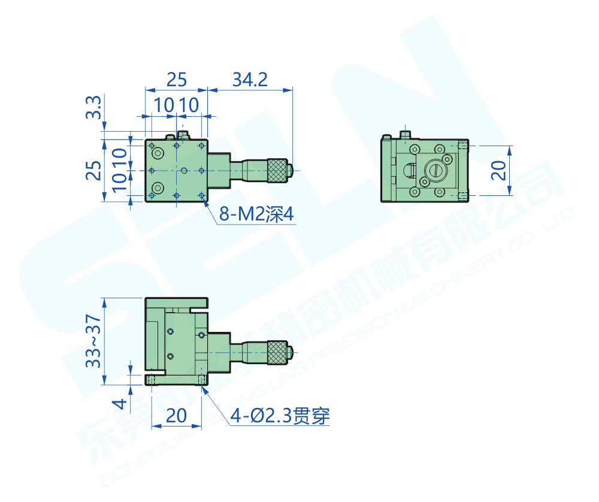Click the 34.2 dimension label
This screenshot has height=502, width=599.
pyautogui.click(x=250, y=79)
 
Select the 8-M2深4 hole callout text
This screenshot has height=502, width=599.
pyautogui.click(x=257, y=214)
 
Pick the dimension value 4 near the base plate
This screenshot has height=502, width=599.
pyautogui.click(x=120, y=405)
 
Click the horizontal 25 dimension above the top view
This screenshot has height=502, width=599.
pyautogui.click(x=177, y=79)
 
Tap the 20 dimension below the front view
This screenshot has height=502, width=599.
pyautogui.click(x=176, y=416)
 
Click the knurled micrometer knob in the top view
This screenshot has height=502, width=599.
pyautogui.click(x=277, y=170)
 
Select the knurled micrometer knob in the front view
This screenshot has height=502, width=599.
pyautogui.click(x=277, y=352)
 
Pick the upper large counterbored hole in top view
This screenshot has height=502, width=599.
pyautogui.click(x=158, y=154)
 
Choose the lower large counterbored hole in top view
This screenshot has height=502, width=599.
pyautogui.click(x=158, y=186)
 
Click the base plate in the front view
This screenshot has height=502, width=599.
pyautogui.click(x=176, y=380)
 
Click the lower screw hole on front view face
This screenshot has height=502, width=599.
pyautogui.click(x=170, y=356)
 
